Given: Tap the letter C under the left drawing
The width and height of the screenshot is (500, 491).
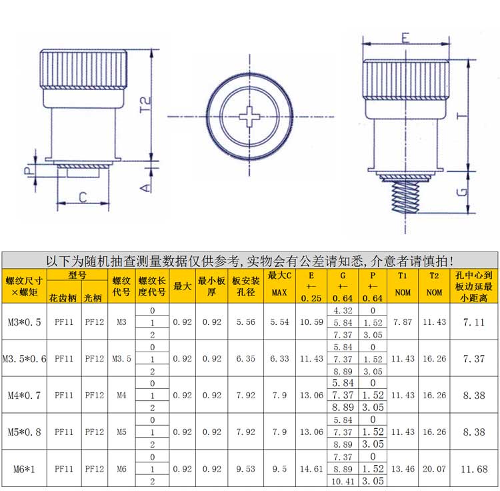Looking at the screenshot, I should tap(83, 197).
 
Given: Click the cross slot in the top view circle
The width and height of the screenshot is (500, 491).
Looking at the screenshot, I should tap(247, 118).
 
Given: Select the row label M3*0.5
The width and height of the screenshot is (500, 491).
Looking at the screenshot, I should tap(25, 322).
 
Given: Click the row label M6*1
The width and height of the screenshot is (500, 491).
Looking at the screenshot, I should tap(25, 469).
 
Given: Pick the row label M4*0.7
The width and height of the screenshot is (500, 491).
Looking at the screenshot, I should tap(25, 395).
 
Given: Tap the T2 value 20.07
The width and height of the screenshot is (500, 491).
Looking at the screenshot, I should tap(434, 469).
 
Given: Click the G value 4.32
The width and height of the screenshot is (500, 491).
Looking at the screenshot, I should tap(343, 310).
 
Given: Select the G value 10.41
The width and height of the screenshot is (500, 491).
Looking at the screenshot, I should tap(343, 481).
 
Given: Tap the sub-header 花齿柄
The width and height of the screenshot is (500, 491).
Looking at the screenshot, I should tap(63, 298).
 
